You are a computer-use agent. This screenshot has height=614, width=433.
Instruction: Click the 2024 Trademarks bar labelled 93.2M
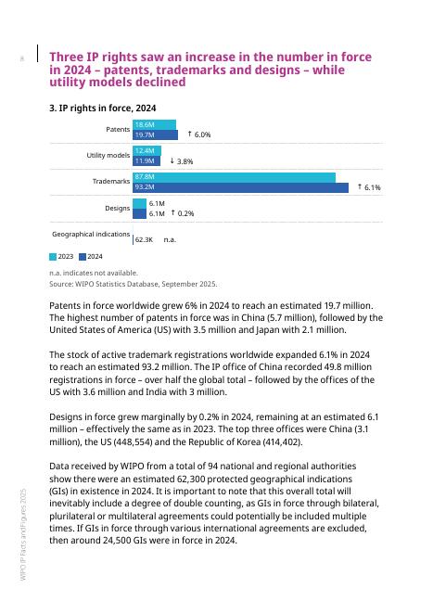pyautogui.click(x=241, y=187)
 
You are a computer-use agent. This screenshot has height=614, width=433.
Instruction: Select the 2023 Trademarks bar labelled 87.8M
pyautogui.click(x=234, y=176)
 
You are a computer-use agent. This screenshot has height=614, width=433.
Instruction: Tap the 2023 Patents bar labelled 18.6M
pyautogui.click(x=154, y=124)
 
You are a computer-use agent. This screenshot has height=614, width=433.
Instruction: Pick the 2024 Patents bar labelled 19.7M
pyautogui.click(x=155, y=135)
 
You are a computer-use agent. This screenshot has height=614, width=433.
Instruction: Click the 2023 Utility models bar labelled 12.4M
pyautogui.click(x=146, y=150)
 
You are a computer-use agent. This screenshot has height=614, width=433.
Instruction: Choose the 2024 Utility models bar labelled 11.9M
pyautogui.click(x=146, y=161)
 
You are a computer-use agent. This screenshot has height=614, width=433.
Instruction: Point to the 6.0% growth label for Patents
pyautogui.click(x=199, y=135)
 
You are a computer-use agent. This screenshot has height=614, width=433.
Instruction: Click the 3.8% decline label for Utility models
pyautogui.click(x=182, y=161)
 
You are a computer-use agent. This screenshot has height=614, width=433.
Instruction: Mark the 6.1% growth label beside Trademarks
pyautogui.click(x=369, y=187)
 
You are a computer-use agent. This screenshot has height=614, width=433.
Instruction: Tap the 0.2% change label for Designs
pyautogui.click(x=183, y=213)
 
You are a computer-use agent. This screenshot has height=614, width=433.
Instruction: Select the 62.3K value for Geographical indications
pyautogui.click(x=144, y=239)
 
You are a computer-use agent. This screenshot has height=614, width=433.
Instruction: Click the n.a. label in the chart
pyautogui.click(x=170, y=239)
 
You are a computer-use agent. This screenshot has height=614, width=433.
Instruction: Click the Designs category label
pyautogui.click(x=117, y=208)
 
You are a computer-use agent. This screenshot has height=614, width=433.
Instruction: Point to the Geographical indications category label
pyautogui.click(x=90, y=234)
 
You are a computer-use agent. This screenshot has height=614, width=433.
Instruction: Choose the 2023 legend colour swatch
pyautogui.click(x=53, y=256)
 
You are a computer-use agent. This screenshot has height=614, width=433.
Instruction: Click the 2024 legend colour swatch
pyautogui.click(x=83, y=256)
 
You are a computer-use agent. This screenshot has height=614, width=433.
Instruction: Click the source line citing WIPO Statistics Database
pyautogui.click(x=133, y=284)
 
